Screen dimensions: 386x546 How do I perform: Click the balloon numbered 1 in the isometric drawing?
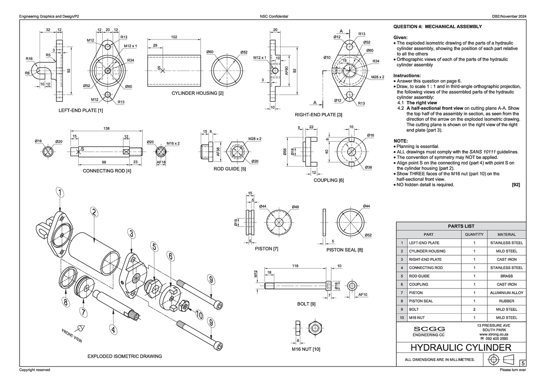coord(60,192)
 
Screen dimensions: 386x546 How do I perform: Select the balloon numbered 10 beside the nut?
coord(199,315)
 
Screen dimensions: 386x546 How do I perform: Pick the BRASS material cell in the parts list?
coord(506,276)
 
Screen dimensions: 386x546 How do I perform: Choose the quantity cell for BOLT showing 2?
coord(474,309)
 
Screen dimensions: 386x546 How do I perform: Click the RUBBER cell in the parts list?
coord(506,301)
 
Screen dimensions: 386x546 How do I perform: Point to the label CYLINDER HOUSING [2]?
coord(197,93)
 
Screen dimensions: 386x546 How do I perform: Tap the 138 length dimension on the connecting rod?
coord(106,129)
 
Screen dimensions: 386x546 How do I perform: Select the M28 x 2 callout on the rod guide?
coord(258,138)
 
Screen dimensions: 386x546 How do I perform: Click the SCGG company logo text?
coord(429,329)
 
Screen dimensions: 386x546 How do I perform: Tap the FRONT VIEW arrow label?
coord(72,335)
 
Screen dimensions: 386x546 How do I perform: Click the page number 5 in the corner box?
coord(523,364)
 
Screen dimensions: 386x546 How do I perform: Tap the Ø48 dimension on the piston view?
coord(295,207)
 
